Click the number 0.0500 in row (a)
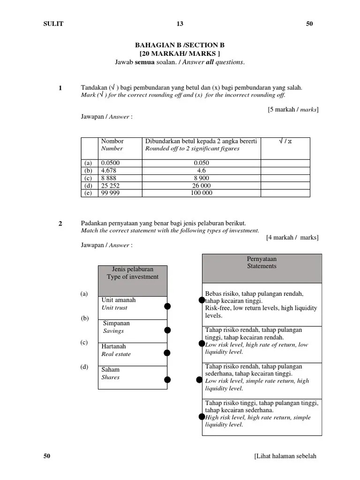tap(111, 163)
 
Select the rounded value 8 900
tap(202, 178)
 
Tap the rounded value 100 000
tap(202, 193)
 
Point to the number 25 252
tap(111, 186)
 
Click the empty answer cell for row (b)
tap(285, 171)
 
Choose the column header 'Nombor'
tap(112, 141)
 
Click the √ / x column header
tap(285, 141)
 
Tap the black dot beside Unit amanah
tap(167, 307)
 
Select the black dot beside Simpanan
tap(167, 330)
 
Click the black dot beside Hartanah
tap(167, 352)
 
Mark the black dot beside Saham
tap(167, 379)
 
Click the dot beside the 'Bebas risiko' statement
tap(202, 300)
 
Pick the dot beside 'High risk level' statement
tap(202, 416)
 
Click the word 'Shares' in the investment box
tap(111, 377)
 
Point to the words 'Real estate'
tap(116, 354)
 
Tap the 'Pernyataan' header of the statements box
tap(262, 258)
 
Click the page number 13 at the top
tap(180, 24)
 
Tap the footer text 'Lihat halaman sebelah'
tap(286, 457)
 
